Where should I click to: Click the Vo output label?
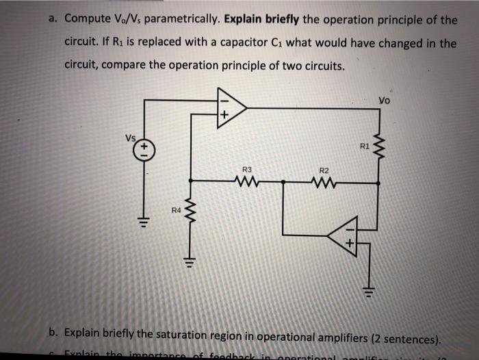pyautogui.click(x=388, y=101)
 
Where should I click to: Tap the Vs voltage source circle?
pyautogui.click(x=144, y=149)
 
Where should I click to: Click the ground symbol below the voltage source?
pyautogui.click(x=144, y=221)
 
